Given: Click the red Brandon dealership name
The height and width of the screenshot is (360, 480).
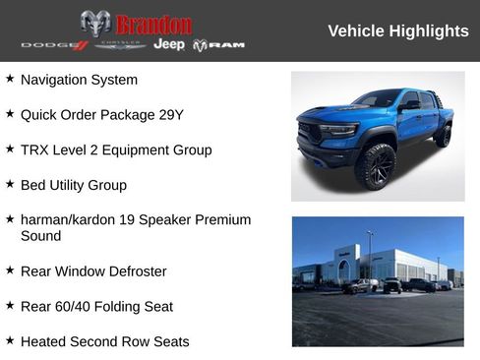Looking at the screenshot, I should [154, 24].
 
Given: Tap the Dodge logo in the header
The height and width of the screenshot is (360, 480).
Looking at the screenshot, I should [54, 45].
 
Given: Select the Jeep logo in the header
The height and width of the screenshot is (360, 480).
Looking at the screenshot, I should [168, 44].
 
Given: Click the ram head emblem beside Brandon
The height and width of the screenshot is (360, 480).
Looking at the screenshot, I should [95, 24].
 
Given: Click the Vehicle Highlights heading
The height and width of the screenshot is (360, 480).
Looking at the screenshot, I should [397, 31].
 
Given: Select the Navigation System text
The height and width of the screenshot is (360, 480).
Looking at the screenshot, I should [79, 80].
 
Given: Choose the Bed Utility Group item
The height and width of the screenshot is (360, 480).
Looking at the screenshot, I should [73, 185].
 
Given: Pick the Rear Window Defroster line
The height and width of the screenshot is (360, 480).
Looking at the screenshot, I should [93, 271].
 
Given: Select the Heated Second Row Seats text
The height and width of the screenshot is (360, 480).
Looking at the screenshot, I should [104, 342].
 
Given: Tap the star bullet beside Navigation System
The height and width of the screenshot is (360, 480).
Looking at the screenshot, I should [10, 79].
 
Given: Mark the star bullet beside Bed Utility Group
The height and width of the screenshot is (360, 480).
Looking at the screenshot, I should [10, 184].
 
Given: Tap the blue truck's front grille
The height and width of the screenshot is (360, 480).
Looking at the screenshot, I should [316, 133].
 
